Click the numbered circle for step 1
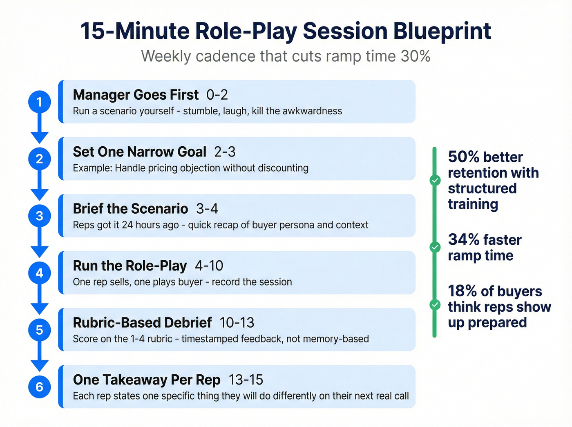coord(39,102)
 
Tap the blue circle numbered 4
coord(39,273)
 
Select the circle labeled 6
coord(39,387)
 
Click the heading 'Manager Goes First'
coord(136,95)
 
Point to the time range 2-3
coord(225,152)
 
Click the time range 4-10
coord(209,266)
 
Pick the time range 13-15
coord(246,380)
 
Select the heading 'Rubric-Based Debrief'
coord(142,323)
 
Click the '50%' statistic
coord(463,157)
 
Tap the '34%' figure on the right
coord(463,240)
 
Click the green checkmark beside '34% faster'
coord(435,247)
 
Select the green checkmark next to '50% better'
coord(435,180)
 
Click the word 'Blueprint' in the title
coord(442,31)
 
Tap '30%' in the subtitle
coord(415,56)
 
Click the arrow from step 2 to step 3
coord(39,186)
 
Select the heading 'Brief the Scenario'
coord(130,209)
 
